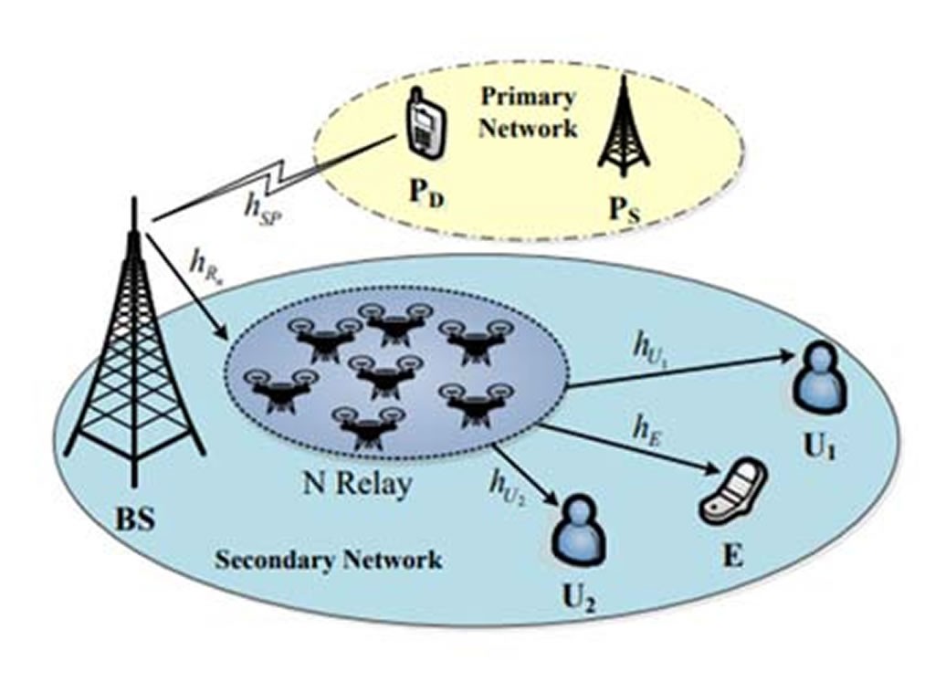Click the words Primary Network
coord(529,111)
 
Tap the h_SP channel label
coord(265,203)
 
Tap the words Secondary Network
coord(329,559)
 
